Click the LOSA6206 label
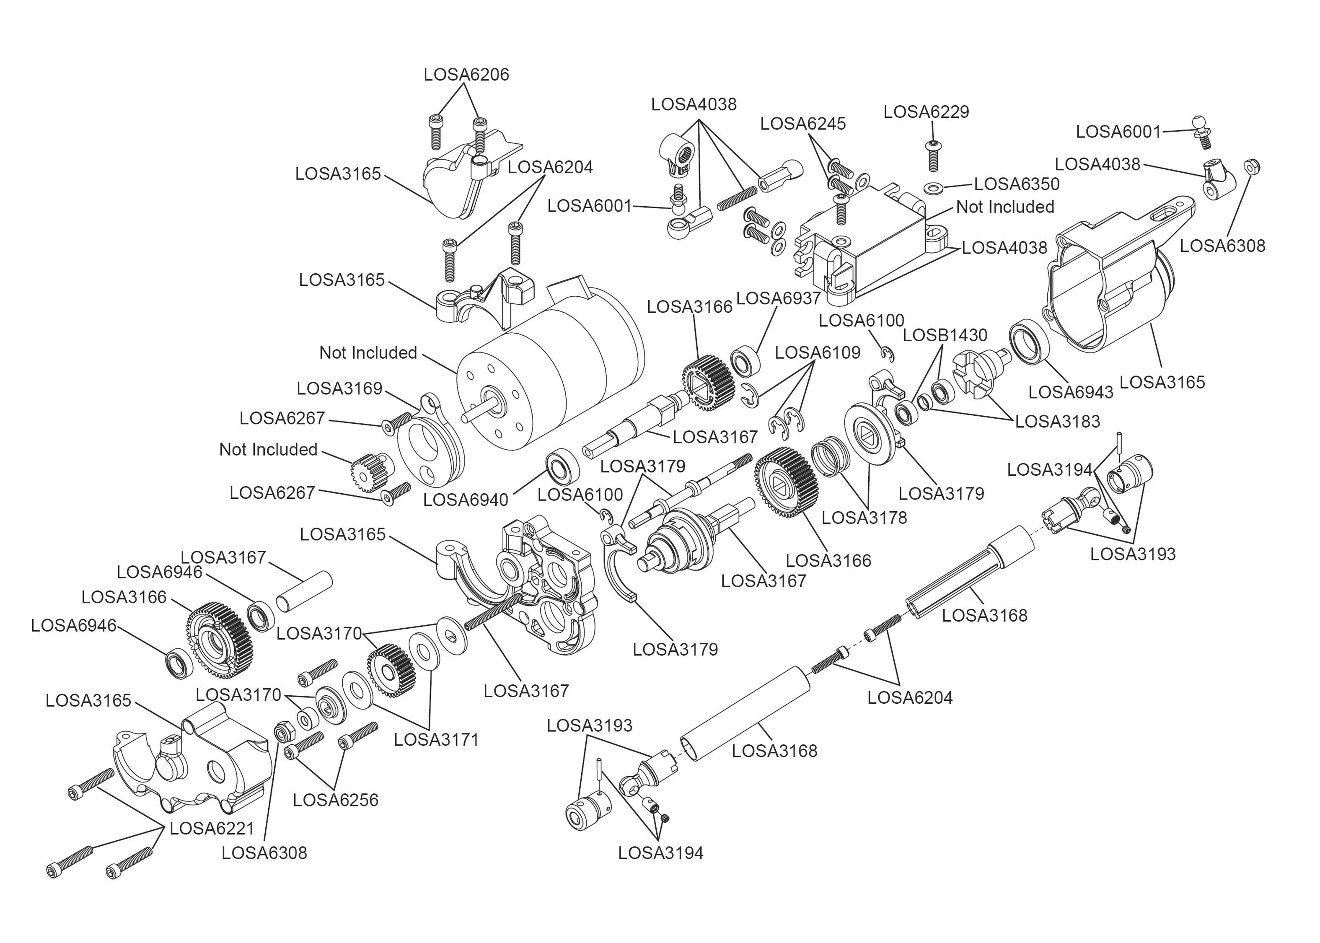(466, 75)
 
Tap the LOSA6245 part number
(803, 124)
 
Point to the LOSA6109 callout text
(817, 352)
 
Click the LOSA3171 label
(436, 740)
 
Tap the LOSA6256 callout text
(336, 800)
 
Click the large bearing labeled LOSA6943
(1029, 342)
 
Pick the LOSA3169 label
(339, 389)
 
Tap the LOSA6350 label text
(1017, 184)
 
